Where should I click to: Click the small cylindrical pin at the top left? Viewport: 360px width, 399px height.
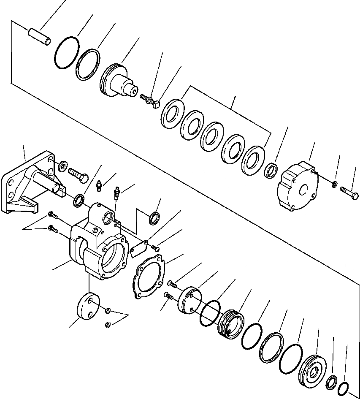(39, 36)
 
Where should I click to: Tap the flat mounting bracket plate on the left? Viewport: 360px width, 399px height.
(17, 186)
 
